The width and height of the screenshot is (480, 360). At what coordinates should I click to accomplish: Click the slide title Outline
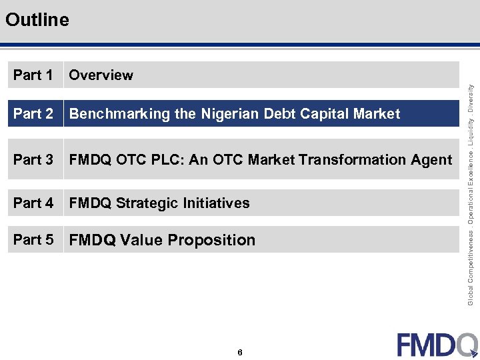pos(37,20)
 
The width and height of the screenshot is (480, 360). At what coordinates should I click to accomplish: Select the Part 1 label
pos(33,75)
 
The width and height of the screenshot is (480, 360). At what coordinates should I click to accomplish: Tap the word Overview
pos(101,75)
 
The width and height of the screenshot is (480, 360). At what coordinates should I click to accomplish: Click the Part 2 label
pos(33,114)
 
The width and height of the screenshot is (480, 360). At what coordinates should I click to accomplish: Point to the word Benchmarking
pos(119,114)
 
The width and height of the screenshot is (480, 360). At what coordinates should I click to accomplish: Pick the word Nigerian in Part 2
pos(229,114)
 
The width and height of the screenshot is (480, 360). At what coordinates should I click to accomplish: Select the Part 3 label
pos(33,160)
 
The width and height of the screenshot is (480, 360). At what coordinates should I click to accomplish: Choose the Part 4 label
pos(33,203)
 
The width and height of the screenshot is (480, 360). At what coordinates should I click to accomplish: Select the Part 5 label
pos(33,240)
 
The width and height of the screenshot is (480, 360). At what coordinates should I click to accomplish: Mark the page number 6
pos(239,352)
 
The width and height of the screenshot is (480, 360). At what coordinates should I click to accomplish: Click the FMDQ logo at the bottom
pos(437,344)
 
